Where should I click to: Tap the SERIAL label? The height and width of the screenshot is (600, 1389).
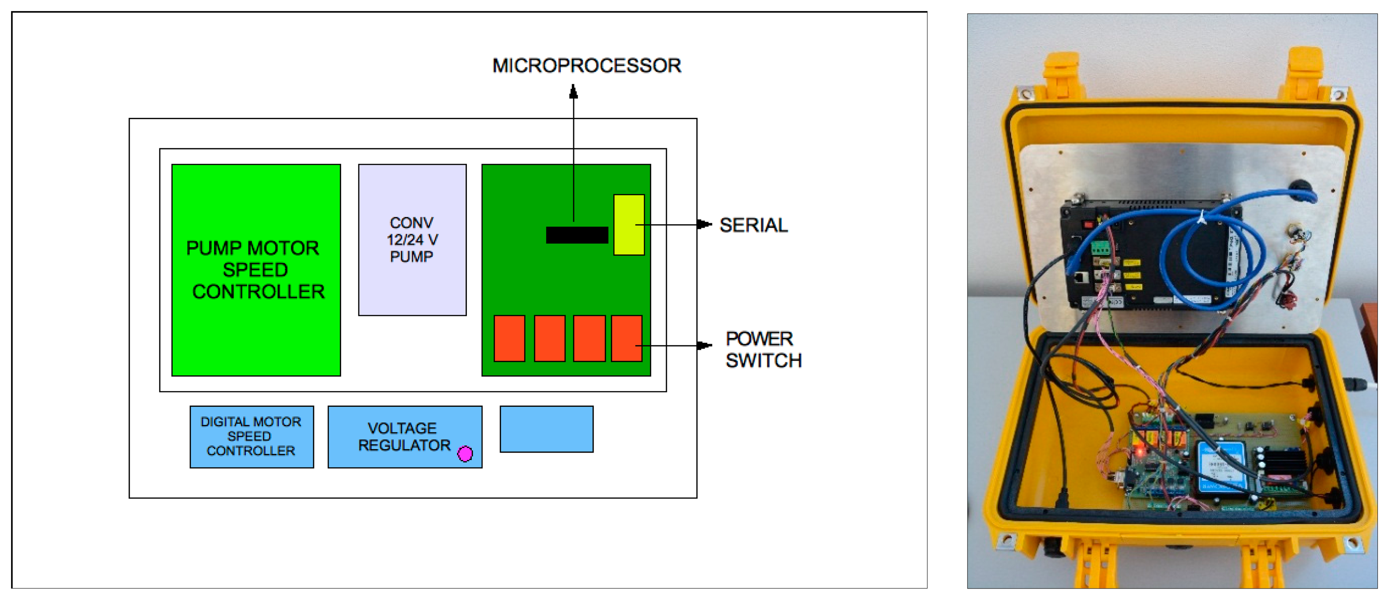(x=753, y=225)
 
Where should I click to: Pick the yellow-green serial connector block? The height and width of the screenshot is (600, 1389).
(x=629, y=225)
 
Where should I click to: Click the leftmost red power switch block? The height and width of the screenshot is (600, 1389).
(x=509, y=338)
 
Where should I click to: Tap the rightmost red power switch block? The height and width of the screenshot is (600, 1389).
(x=627, y=338)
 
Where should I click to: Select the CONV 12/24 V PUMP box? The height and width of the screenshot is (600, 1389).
(x=412, y=240)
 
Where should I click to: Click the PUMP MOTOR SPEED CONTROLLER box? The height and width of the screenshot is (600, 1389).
(x=256, y=270)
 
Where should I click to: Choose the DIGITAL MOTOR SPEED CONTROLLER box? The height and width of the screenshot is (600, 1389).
(x=251, y=436)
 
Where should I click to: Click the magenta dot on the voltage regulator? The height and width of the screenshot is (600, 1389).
(x=465, y=453)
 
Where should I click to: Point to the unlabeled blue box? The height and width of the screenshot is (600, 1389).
(x=546, y=429)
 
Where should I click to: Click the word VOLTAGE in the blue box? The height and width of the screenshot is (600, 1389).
(x=402, y=428)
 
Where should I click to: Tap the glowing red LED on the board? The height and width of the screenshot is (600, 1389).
(x=1139, y=451)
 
